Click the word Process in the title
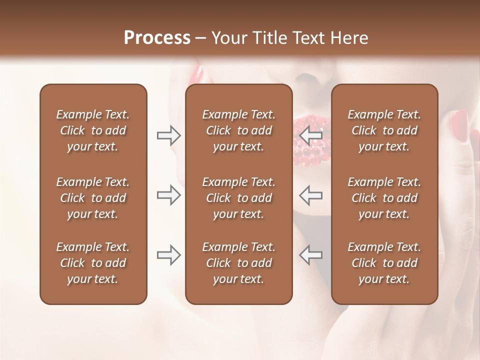[157, 38]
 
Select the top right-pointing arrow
[168, 135]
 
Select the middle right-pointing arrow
[168, 195]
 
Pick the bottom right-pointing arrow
[168, 255]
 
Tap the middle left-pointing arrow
[310, 195]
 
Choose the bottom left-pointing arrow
[310, 255]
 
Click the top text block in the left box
[93, 130]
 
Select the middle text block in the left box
[93, 198]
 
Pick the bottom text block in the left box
[93, 263]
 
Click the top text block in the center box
[238, 130]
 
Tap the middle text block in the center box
[238, 198]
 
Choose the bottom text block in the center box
[238, 263]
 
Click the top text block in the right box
[384, 130]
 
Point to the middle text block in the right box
[384, 198]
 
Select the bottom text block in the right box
[384, 263]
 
